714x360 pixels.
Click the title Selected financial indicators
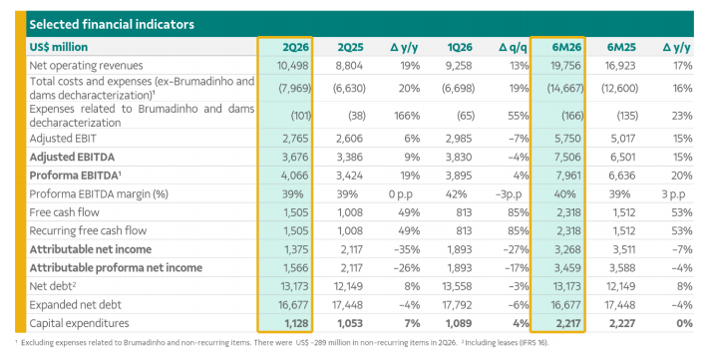(x=112, y=24)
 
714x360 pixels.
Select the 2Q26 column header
(x=295, y=47)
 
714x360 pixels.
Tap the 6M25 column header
(x=621, y=47)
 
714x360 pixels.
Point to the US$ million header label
(x=59, y=47)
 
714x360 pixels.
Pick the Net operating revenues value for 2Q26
(x=293, y=66)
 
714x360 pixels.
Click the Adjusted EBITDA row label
(x=72, y=157)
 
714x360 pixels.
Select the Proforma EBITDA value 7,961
(x=567, y=176)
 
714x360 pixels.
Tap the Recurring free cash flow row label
(x=88, y=230)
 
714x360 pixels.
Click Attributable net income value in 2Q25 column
(x=351, y=249)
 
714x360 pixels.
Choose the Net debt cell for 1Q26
(x=457, y=286)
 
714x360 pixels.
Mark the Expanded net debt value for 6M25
(x=620, y=305)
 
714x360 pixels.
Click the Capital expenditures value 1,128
(x=296, y=323)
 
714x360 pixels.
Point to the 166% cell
(x=407, y=116)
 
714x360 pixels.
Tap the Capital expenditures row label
(x=79, y=323)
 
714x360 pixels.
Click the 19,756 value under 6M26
(x=565, y=66)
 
